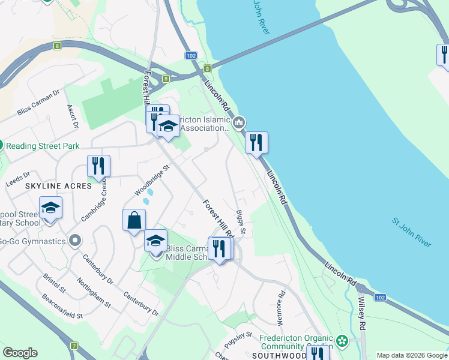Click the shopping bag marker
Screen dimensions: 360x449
tap(134, 220)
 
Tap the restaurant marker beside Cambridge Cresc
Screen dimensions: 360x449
tap(98, 166)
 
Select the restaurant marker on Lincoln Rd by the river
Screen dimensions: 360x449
tap(256, 143)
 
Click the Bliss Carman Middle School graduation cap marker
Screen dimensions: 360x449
tap(156, 241)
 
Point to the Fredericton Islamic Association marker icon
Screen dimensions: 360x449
tap(239, 123)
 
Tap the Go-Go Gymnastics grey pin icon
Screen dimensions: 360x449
tap(75, 241)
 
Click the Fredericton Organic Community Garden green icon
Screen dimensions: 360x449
tap(342, 341)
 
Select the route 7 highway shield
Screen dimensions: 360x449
tap(74, 346)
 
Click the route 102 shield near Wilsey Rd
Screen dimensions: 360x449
tap(379, 297)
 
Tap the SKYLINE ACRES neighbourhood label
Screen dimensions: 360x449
tap(58, 186)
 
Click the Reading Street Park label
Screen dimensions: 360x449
tap(43, 146)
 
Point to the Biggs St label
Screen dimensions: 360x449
tap(241, 223)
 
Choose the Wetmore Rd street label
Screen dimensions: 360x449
tap(280, 304)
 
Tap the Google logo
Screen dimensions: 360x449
tap(20, 353)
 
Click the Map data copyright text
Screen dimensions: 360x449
tap(412, 355)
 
